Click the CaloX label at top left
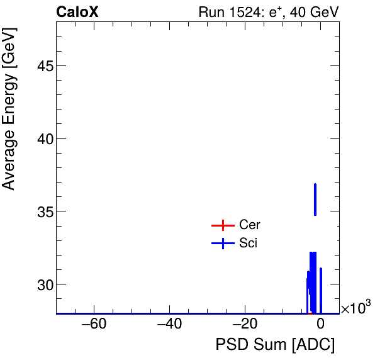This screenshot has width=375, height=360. [x=77, y=12]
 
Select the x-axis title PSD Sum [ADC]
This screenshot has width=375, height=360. [x=275, y=345]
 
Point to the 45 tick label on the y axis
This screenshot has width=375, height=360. [x=40, y=66]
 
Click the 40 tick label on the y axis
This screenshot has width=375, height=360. [x=40, y=138]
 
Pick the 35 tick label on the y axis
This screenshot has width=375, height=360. [x=40, y=211]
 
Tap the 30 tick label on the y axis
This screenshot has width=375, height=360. [x=40, y=284]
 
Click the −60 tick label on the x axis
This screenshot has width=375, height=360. [x=94, y=325]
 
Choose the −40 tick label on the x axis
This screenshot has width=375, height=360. [x=169, y=325]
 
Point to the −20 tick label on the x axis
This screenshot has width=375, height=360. [x=245, y=325]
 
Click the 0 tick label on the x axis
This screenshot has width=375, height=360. [x=320, y=325]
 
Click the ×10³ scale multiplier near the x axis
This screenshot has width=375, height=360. [x=355, y=308]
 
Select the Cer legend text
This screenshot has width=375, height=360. [x=250, y=225]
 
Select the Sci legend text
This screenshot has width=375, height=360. [x=249, y=244]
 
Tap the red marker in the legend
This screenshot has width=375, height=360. [x=223, y=225]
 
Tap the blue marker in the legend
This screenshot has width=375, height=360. [x=223, y=244]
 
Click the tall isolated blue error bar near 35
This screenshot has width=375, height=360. [x=315, y=200]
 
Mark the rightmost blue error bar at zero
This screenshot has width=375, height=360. [x=321, y=290]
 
